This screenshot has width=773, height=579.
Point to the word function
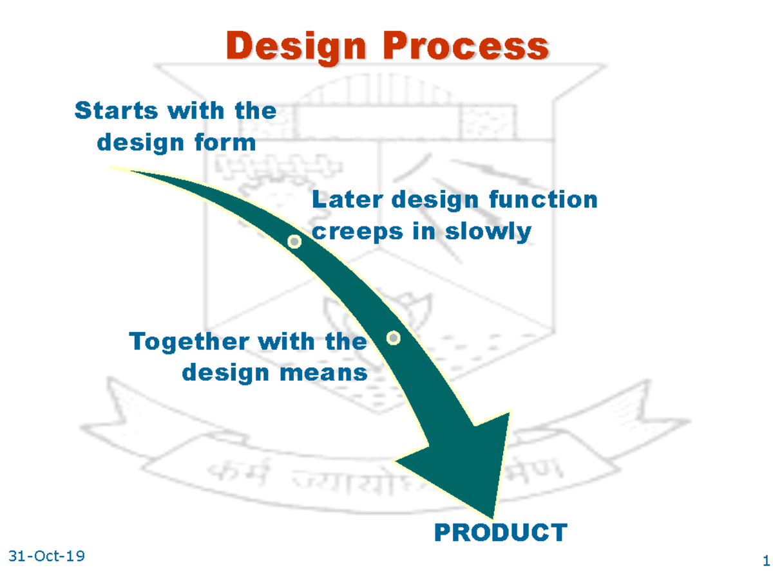[x=543, y=199]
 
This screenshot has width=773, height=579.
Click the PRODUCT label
[x=501, y=533]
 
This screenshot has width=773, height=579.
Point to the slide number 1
[x=765, y=560]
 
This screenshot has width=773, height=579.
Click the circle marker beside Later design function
[x=294, y=242]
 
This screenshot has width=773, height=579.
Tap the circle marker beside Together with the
[x=393, y=338]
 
